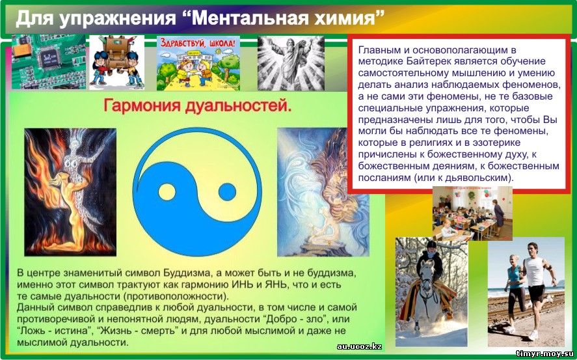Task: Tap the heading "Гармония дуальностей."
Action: [198, 105]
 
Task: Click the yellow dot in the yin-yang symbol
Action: [167, 192]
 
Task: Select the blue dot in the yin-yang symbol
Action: [227, 192]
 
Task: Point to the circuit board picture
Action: [49, 62]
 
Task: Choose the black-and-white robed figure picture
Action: [291, 63]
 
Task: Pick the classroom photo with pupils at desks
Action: [472, 214]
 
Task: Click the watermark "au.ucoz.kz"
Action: [359, 346]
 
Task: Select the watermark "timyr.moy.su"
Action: [545, 353]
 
